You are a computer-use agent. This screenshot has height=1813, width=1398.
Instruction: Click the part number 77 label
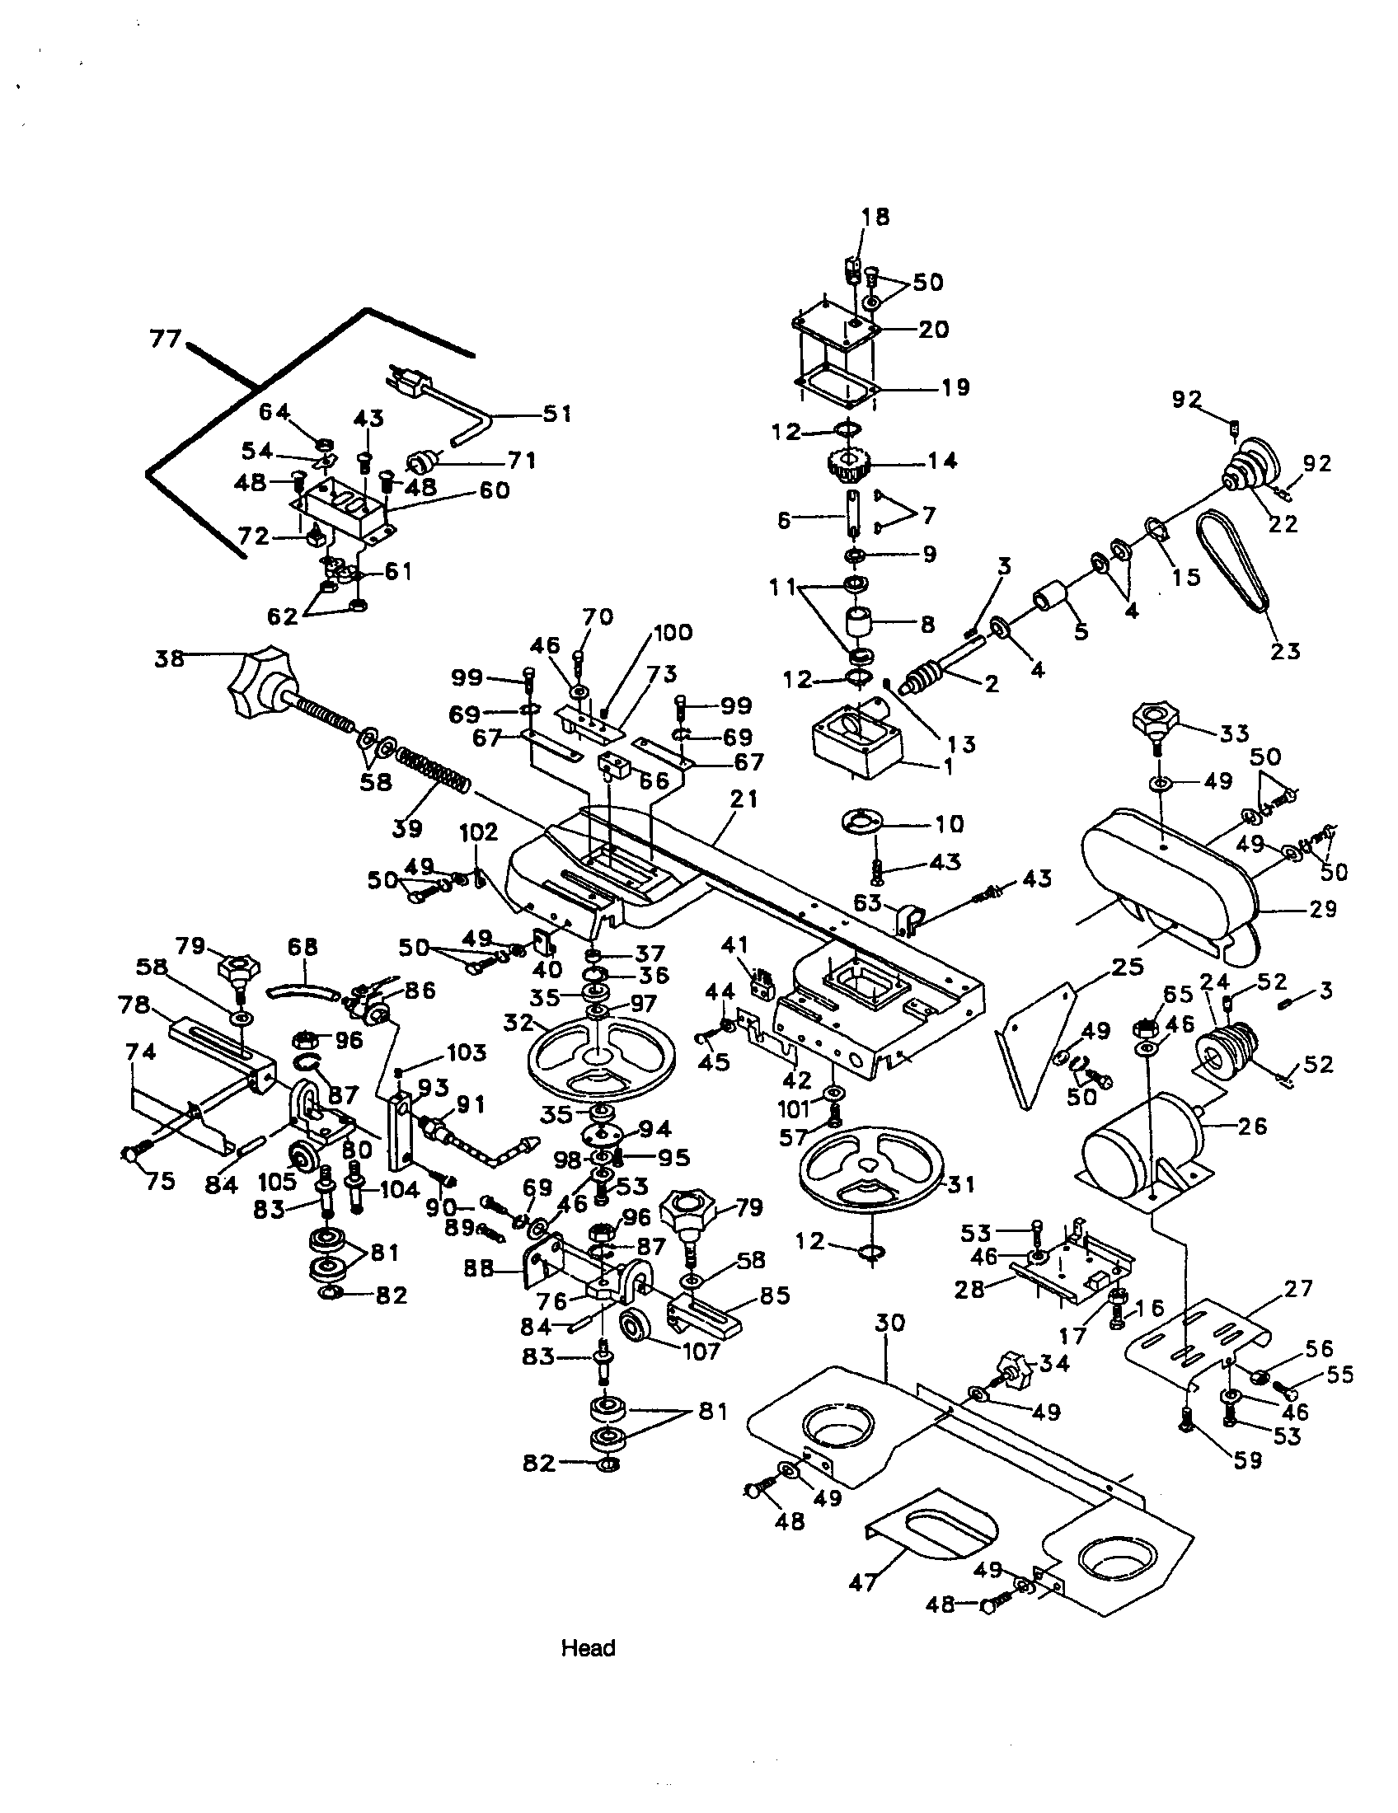coord(165,339)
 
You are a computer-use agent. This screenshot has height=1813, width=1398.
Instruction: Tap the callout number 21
coord(743,799)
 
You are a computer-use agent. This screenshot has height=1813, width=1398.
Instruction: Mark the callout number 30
coord(889,1322)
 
